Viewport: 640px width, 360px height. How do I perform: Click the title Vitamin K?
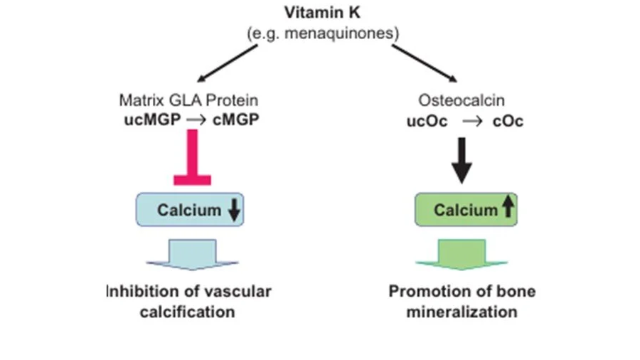323,13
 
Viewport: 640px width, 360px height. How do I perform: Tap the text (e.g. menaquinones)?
323,33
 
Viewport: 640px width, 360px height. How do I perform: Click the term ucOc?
427,121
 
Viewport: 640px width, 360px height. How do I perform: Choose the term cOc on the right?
508,121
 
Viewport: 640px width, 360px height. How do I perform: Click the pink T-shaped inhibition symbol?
192,160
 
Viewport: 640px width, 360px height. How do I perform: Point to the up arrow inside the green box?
507,208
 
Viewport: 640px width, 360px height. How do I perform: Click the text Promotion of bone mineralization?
462,302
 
